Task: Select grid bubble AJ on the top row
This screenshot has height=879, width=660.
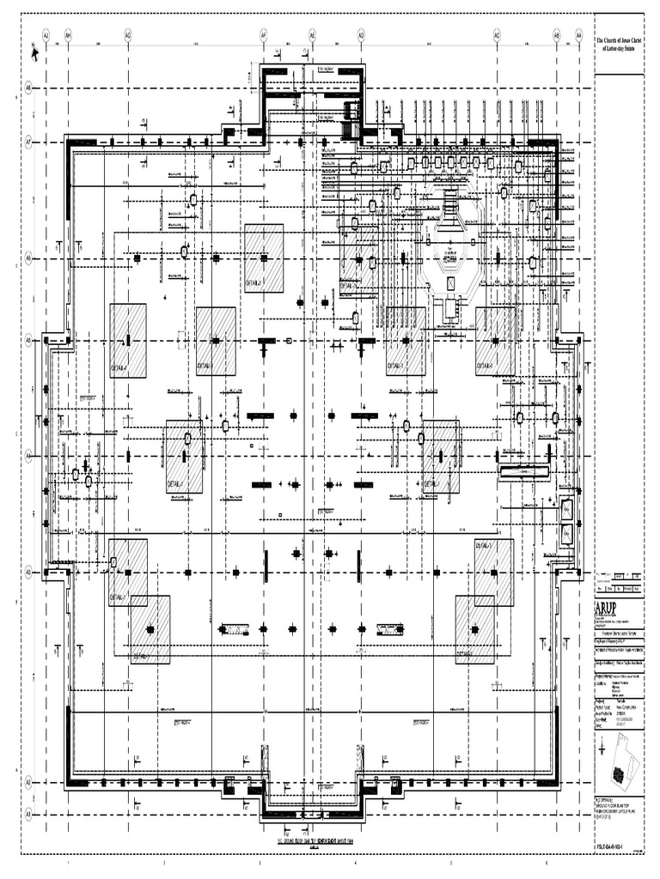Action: click(x=46, y=35)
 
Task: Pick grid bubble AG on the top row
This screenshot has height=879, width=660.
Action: click(x=128, y=35)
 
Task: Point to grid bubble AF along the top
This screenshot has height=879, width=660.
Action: click(x=264, y=35)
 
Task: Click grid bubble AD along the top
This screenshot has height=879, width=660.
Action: click(x=361, y=35)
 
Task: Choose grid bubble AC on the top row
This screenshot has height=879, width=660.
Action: click(x=497, y=35)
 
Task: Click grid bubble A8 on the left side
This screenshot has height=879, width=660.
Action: click(x=28, y=88)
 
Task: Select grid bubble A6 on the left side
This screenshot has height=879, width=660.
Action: click(x=28, y=257)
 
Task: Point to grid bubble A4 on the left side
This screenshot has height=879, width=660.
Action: click(x=28, y=455)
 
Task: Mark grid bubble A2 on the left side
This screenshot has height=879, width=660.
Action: click(x=28, y=782)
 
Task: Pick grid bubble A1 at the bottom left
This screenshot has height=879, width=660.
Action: click(x=28, y=810)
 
